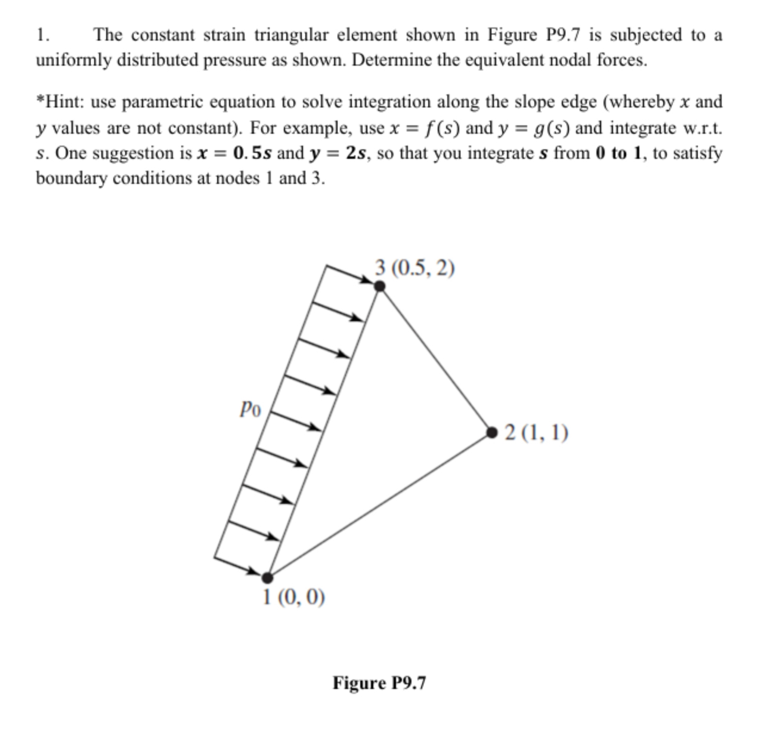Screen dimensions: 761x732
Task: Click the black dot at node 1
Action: [268, 577]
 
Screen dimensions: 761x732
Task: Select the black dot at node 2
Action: [492, 432]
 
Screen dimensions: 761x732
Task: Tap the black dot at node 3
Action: [379, 287]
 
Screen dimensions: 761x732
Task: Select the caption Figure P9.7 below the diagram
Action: [379, 682]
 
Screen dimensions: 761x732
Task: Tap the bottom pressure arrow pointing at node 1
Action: [239, 567]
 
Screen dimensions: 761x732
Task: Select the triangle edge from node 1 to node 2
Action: [380, 505]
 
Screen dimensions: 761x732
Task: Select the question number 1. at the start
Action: [42, 35]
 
